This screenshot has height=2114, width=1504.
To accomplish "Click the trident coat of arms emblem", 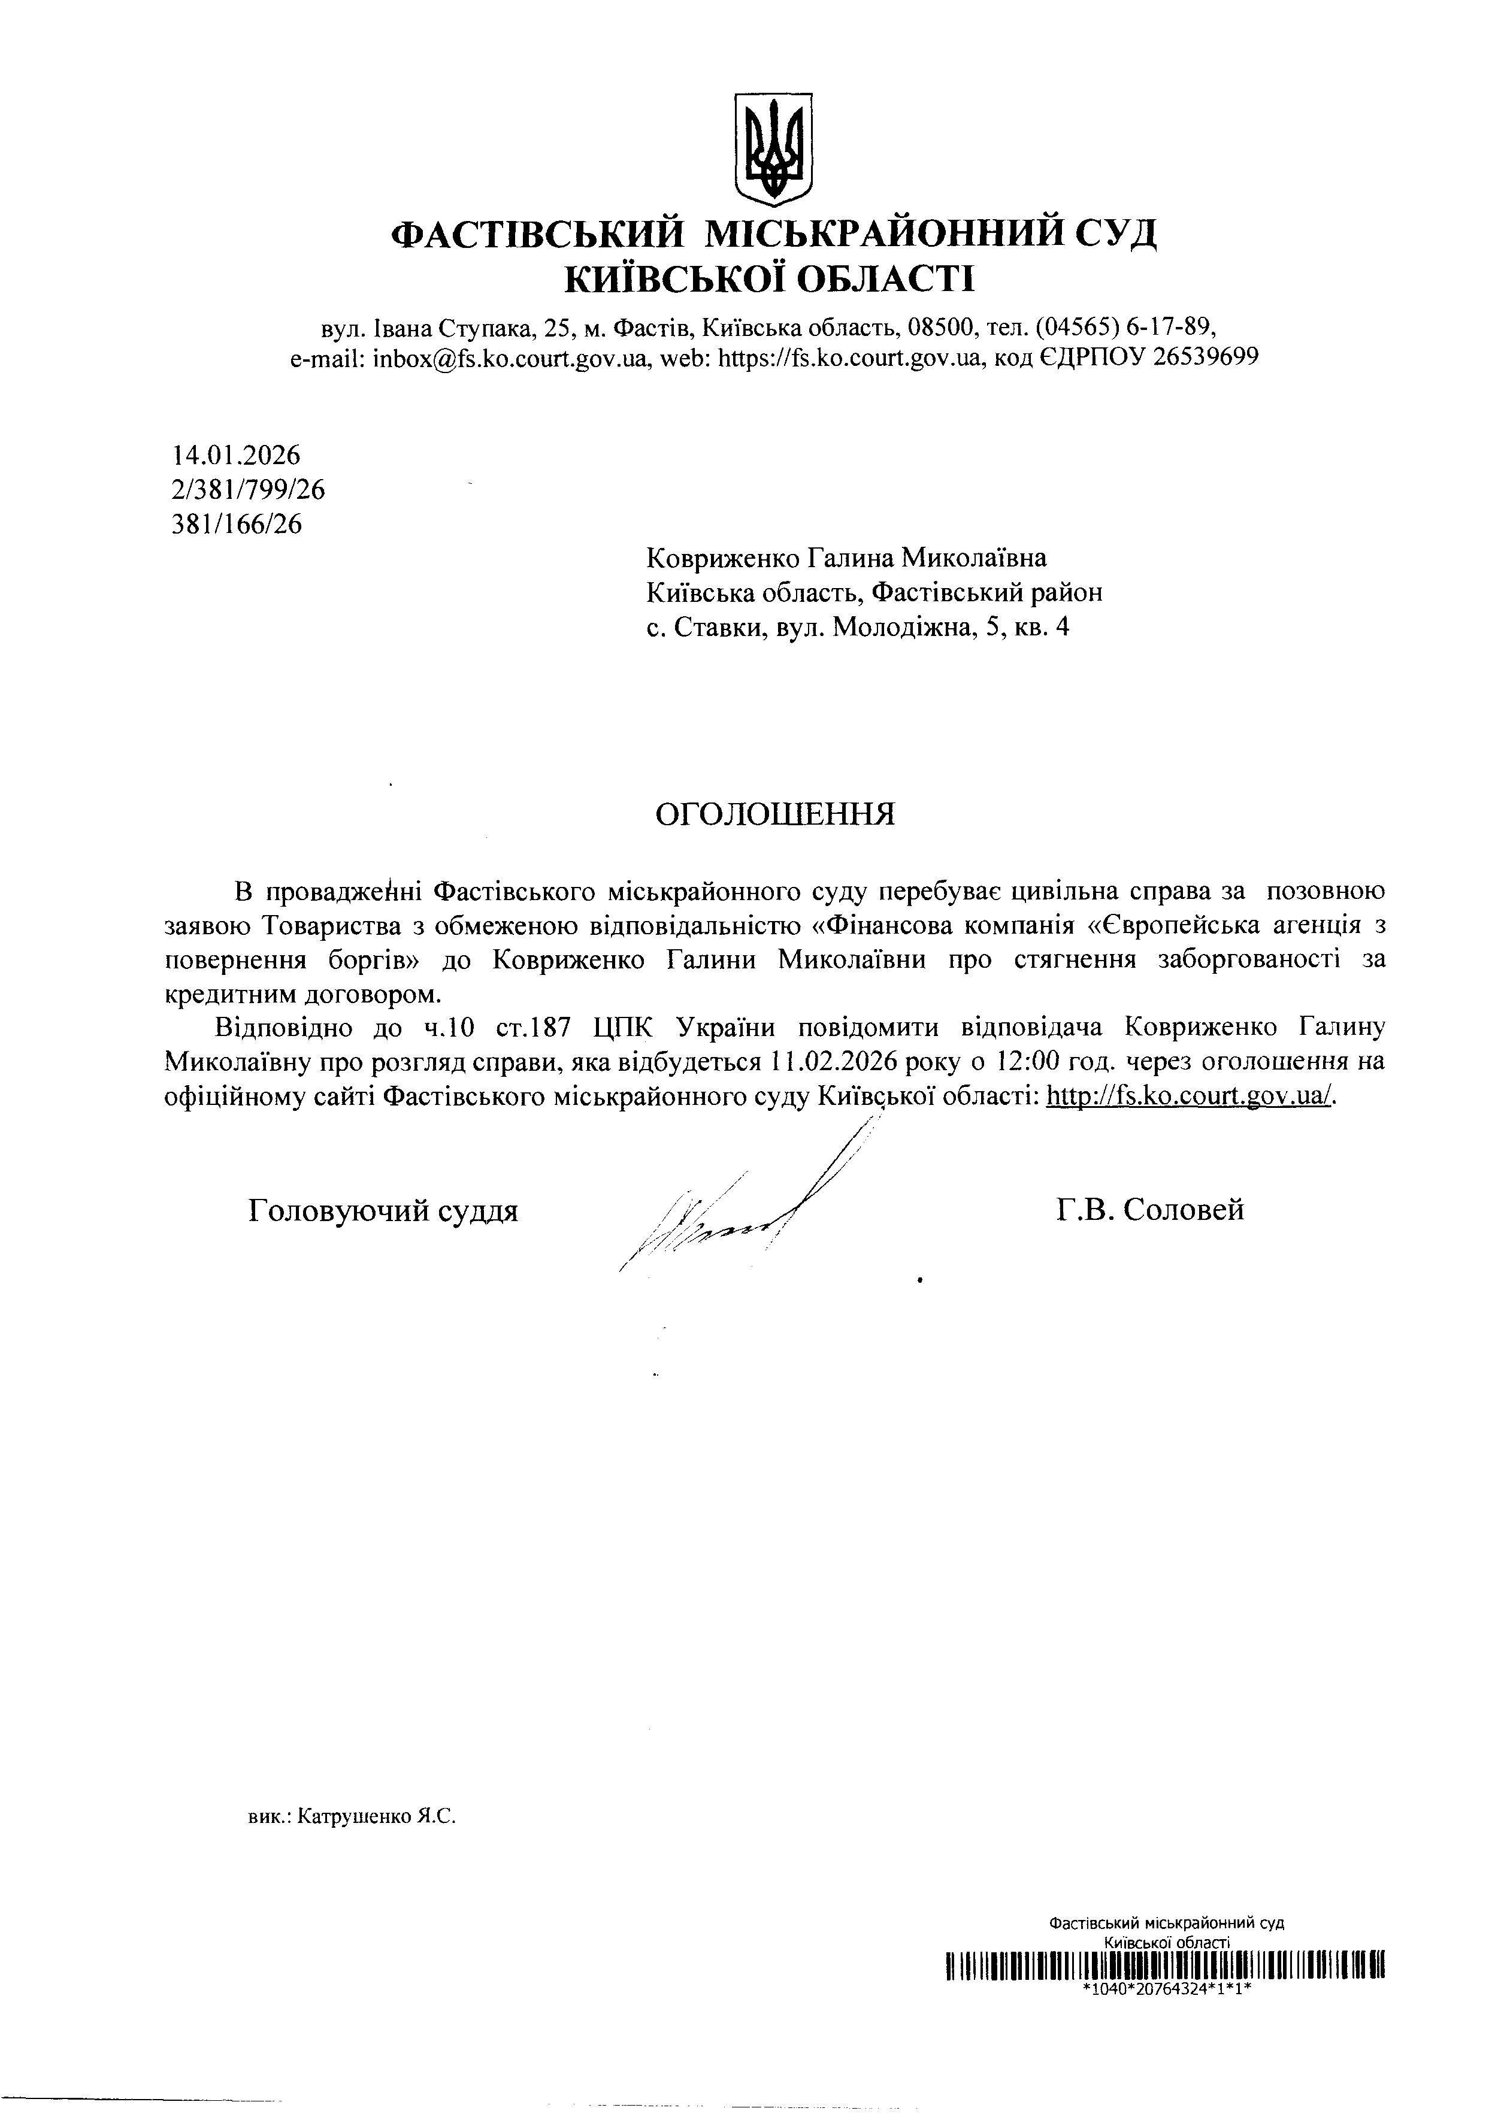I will pyautogui.click(x=773, y=149).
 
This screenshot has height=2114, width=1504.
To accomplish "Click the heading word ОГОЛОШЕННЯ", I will pyautogui.click(x=775, y=815).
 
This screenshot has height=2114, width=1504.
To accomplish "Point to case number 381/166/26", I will pyautogui.click(x=237, y=524).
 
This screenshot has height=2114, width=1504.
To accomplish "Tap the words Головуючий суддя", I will pyautogui.click(x=383, y=1210).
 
